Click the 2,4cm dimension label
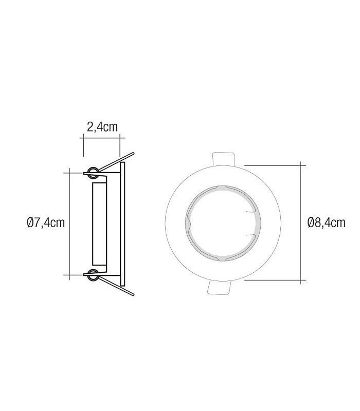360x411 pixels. point(102,127)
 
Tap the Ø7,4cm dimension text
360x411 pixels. point(46,223)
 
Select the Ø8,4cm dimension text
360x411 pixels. point(326,223)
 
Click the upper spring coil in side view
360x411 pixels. point(93,173)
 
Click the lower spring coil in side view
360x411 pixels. point(93,275)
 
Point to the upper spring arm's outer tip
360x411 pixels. point(133,153)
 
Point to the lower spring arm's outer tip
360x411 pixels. point(133,294)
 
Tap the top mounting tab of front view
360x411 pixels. point(223,159)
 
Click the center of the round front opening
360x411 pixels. point(223,223)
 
